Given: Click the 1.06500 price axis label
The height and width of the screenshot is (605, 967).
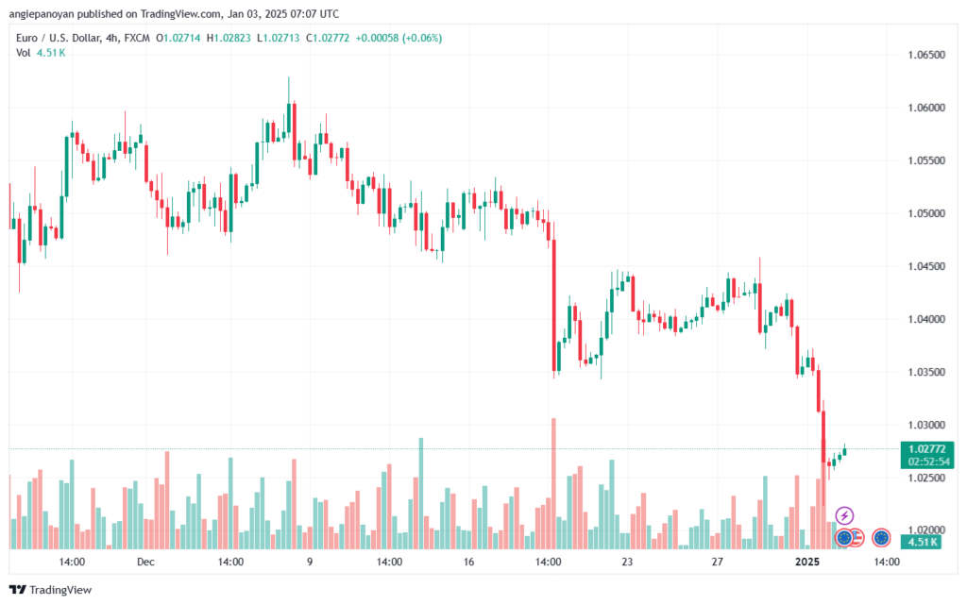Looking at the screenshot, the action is click(x=926, y=55).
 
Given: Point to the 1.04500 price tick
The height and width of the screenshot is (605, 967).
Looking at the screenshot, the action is click(x=926, y=266).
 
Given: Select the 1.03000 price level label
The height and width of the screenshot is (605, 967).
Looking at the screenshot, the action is click(x=926, y=425).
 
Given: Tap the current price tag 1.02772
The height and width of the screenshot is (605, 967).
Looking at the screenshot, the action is click(x=927, y=449).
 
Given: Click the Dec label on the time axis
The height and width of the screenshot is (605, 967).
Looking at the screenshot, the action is click(x=145, y=562).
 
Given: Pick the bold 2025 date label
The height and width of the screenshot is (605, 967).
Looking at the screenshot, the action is click(x=807, y=562).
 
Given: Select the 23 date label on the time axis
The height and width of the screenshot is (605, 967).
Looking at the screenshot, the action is click(x=627, y=562).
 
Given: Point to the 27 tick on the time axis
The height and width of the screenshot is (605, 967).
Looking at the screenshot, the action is click(x=718, y=562).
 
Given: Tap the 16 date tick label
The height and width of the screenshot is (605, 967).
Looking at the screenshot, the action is click(x=468, y=562).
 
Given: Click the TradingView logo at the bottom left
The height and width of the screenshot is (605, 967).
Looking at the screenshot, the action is click(x=51, y=590).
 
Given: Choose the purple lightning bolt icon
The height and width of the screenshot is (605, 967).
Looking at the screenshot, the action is click(x=844, y=515).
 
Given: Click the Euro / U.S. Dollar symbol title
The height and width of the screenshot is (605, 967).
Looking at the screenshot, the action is click(x=59, y=38).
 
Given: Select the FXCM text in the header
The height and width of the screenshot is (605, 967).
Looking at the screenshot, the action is click(x=137, y=38).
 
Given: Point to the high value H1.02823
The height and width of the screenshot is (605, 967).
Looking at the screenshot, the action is click(x=229, y=38).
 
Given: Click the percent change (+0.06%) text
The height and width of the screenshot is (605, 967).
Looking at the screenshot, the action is click(x=422, y=38).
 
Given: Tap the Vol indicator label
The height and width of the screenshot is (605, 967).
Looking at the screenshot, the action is click(x=23, y=53).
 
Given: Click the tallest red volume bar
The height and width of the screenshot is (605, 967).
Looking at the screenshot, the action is click(x=553, y=483).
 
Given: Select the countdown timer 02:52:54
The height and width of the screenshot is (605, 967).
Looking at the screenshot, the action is click(x=929, y=462).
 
